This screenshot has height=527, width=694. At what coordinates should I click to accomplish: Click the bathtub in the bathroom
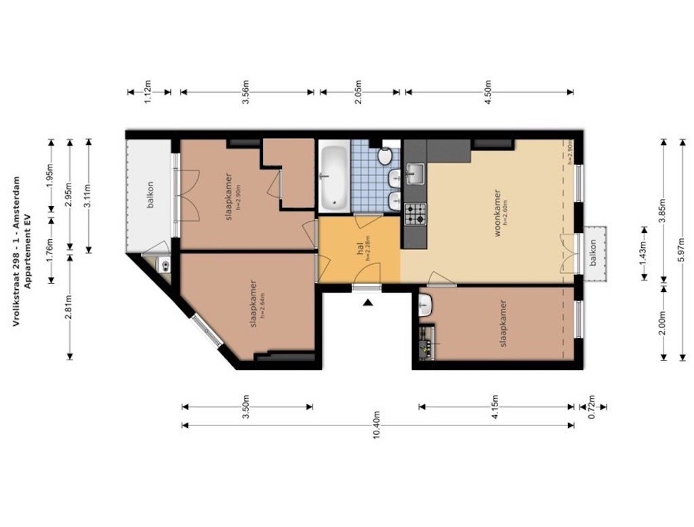(x=333, y=178)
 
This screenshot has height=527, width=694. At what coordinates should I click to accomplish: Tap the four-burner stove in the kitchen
(x=415, y=215)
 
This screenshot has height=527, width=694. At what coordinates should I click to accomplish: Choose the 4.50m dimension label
(x=488, y=91)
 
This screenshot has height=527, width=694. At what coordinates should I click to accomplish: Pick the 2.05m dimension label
(x=359, y=91)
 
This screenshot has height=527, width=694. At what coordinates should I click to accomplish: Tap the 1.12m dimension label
(x=148, y=91)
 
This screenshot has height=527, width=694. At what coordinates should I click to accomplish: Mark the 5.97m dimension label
(x=682, y=249)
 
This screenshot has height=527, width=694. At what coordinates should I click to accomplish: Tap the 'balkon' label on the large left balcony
(x=150, y=194)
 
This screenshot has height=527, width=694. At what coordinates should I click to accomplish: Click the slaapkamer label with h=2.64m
(x=254, y=303)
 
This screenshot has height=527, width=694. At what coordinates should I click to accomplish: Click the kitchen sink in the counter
(x=414, y=175)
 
